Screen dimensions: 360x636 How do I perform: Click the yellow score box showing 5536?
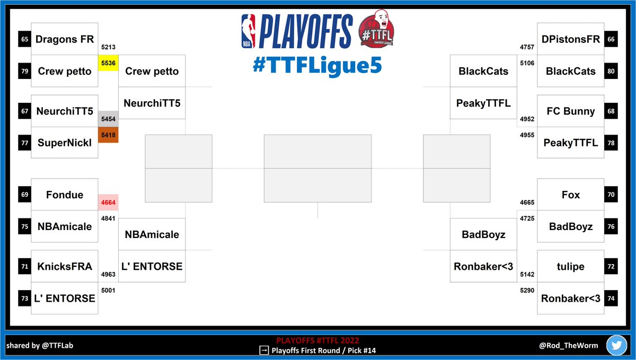[108, 63]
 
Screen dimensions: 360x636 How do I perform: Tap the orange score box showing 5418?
[108, 135]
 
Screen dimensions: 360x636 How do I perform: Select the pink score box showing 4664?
[108, 202]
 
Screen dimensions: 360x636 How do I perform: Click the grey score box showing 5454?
[108, 120]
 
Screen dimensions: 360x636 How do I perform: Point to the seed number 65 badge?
[24, 39]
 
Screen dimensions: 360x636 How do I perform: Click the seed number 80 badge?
[611, 71]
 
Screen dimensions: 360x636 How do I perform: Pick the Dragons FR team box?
[65, 39]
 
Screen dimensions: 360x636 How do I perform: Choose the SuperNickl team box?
[65, 142]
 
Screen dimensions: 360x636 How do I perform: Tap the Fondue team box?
[65, 195]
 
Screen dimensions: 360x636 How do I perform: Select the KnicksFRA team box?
[65, 266]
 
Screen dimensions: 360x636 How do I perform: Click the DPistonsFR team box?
[570, 39]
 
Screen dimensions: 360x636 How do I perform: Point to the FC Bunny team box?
[570, 111]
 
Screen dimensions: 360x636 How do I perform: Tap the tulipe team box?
[570, 266]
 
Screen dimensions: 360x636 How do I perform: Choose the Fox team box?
[570, 195]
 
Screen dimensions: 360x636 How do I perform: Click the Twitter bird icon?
[617, 345]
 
